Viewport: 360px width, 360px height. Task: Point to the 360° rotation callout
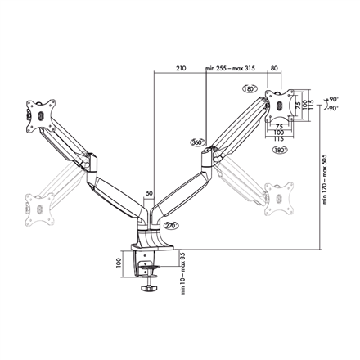coord(196,141)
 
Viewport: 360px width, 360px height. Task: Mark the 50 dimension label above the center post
coord(148,194)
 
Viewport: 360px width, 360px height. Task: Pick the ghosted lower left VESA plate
coord(38,206)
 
